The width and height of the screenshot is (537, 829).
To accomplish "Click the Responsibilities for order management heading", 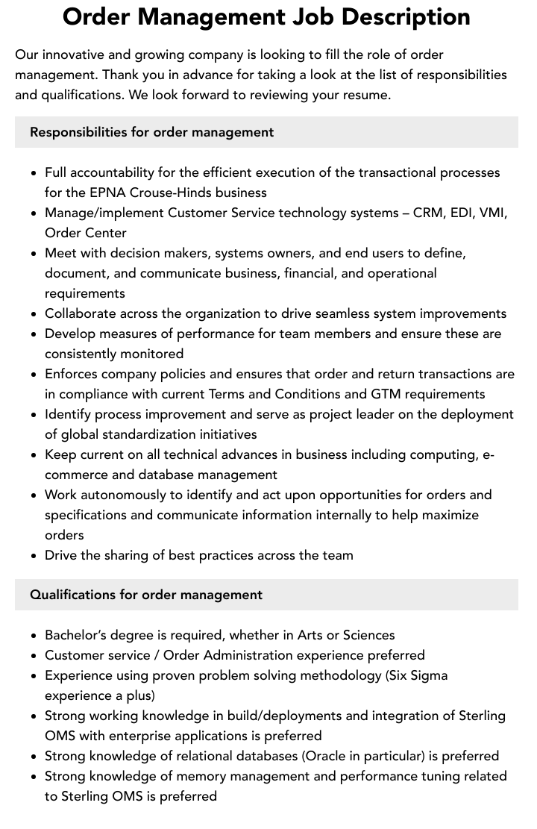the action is [x=152, y=132].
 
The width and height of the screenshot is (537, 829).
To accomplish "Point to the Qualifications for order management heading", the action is [x=146, y=595].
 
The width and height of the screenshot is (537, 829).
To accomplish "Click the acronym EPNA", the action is [x=107, y=193].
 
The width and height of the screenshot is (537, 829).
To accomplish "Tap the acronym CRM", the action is [x=427, y=213].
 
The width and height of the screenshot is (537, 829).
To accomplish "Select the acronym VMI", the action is [x=492, y=213].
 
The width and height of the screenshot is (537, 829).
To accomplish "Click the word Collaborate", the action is [x=80, y=313].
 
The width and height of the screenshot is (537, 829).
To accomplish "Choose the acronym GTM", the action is [x=387, y=394].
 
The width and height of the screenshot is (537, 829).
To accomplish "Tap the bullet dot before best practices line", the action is [x=34, y=556].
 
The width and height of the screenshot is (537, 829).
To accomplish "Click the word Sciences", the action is [x=367, y=635].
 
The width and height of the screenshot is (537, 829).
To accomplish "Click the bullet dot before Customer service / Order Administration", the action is [x=34, y=656].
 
